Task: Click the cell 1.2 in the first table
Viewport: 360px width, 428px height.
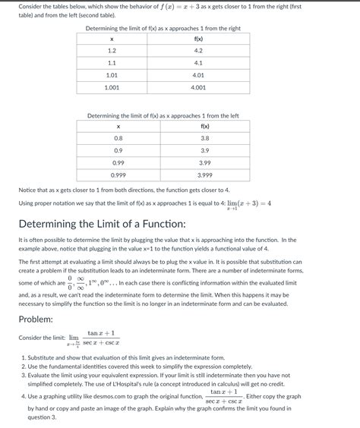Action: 112,51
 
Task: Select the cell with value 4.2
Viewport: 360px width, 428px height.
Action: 198,51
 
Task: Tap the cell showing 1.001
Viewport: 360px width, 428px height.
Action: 112,87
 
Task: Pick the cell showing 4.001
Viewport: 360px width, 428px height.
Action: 198,87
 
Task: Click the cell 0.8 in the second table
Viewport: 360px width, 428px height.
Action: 118,138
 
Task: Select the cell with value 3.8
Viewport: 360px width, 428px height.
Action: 204,138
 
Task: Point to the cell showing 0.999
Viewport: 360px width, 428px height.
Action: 118,175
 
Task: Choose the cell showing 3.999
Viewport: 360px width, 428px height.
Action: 204,175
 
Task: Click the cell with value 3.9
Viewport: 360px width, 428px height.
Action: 204,150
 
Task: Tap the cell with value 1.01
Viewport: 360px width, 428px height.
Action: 112,75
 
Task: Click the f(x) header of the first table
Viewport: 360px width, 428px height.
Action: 198,39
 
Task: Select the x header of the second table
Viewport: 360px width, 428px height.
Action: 118,126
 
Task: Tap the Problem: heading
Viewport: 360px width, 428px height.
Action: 46,319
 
